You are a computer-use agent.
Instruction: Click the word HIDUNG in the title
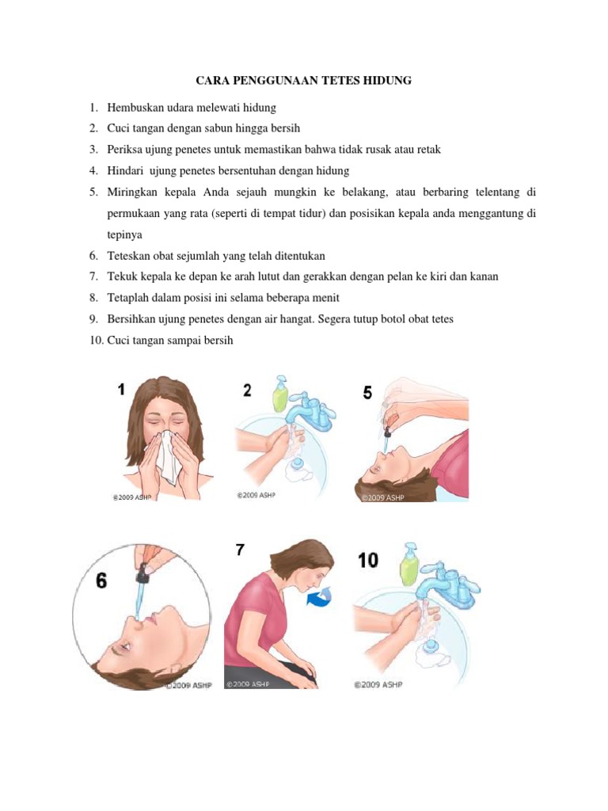coord(384,81)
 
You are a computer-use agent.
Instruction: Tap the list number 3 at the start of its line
coord(93,149)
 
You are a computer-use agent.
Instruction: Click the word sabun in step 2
coord(203,128)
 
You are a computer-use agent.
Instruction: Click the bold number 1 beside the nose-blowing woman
coord(121,389)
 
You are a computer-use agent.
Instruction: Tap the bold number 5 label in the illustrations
coord(367,393)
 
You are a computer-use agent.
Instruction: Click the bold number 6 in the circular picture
coord(101,581)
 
